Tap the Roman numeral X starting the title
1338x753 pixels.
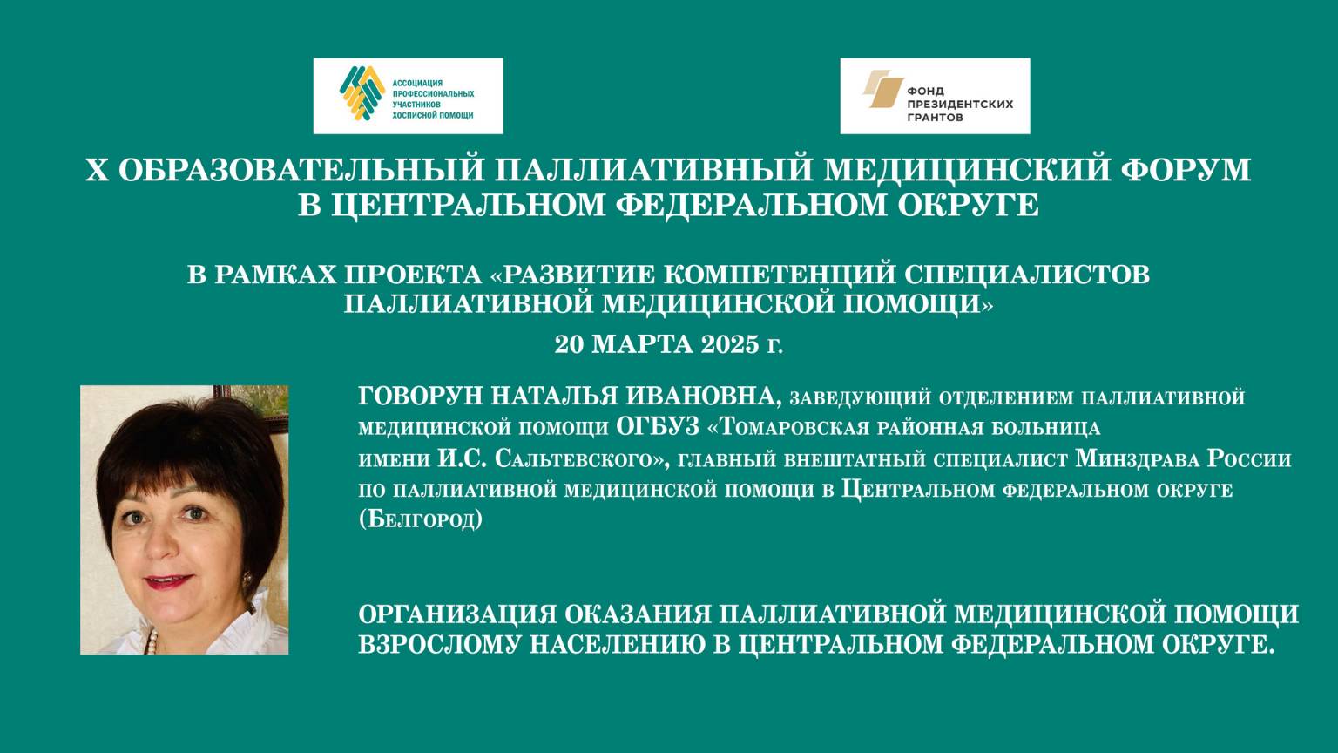point(96,169)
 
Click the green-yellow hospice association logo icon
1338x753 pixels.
point(362,93)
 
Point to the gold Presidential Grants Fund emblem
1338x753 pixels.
point(882,91)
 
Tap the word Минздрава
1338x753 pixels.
point(1137,458)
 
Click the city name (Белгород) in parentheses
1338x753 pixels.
point(420,519)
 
